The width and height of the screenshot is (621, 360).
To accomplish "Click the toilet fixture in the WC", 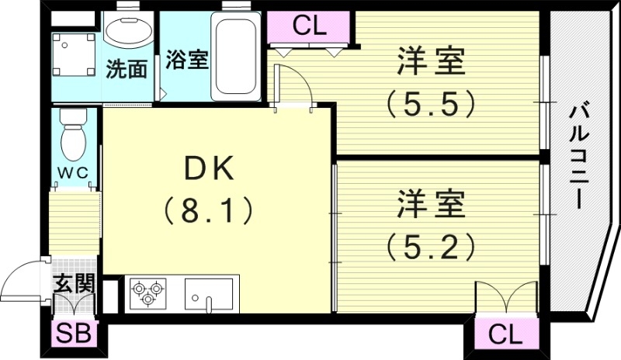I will [x=75, y=133].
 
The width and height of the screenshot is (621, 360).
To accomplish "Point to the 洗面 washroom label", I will [x=127, y=69].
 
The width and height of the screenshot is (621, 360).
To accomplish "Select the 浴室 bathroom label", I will [x=186, y=60].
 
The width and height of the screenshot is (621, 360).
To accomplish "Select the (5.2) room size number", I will [x=431, y=247].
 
